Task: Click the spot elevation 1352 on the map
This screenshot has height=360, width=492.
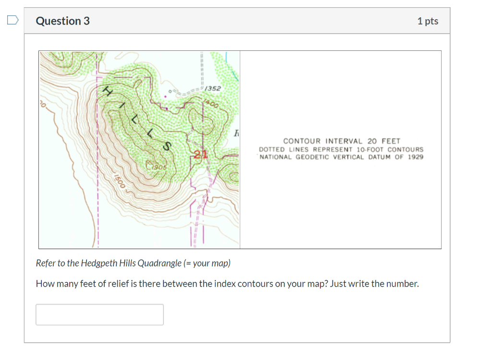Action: [213, 89]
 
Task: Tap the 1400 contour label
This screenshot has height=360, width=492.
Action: [211, 103]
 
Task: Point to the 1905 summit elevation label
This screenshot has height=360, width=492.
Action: [158, 167]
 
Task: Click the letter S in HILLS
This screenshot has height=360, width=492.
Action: [167, 146]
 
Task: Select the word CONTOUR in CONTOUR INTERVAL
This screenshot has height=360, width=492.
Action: [303, 141]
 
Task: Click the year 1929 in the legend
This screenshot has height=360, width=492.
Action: [416, 157]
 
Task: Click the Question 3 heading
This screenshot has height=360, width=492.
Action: [63, 21]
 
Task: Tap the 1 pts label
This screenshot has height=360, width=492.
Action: [428, 21]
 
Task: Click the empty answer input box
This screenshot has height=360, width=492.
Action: [99, 314]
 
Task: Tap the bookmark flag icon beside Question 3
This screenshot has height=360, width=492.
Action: [12, 20]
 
